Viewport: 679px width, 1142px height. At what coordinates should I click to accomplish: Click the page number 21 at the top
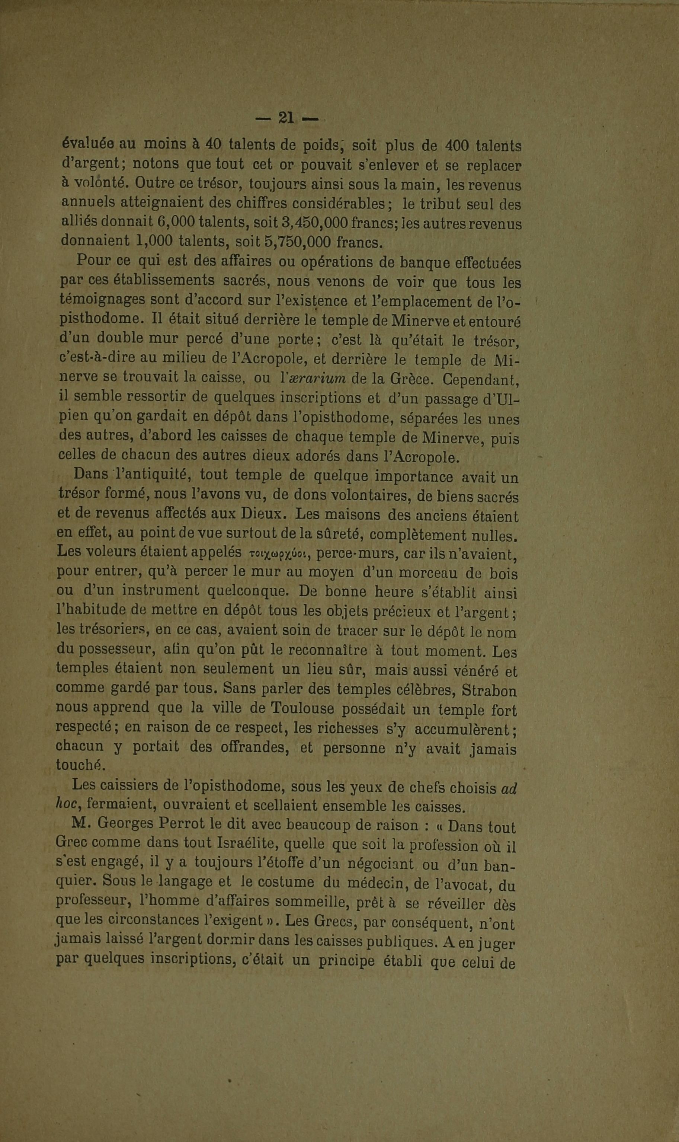click(286, 118)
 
